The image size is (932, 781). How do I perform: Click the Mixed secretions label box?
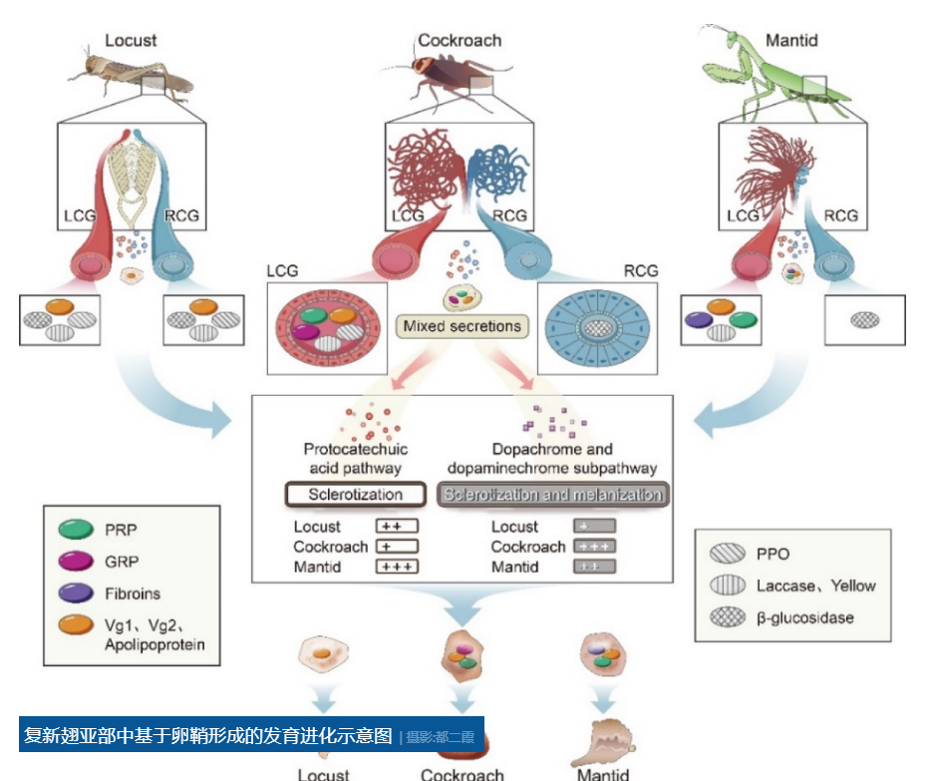coord(463,325)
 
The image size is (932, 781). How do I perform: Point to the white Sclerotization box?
coord(355,495)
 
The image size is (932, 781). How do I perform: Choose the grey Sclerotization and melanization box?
coord(553,495)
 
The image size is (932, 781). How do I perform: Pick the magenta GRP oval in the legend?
coord(76,562)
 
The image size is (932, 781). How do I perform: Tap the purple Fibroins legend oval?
coord(76,593)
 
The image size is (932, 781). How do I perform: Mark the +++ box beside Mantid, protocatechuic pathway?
coord(396,567)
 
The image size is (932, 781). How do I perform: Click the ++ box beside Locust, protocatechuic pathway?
coord(396,527)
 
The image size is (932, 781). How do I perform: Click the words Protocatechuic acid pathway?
coord(355,458)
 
